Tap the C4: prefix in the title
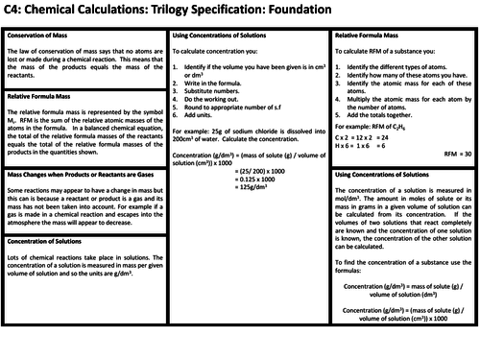(x=18, y=12)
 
